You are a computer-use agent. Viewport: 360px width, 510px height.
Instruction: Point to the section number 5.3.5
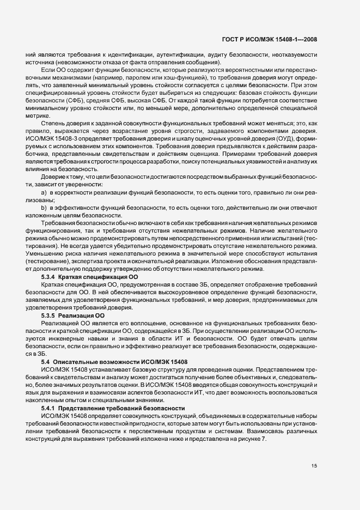[x=48, y=315]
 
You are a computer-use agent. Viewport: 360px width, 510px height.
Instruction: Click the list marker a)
[x=44, y=193]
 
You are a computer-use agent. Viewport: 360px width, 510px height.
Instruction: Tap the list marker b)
[x=44, y=209]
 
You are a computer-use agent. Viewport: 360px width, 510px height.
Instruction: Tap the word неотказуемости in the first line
[x=292, y=55]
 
